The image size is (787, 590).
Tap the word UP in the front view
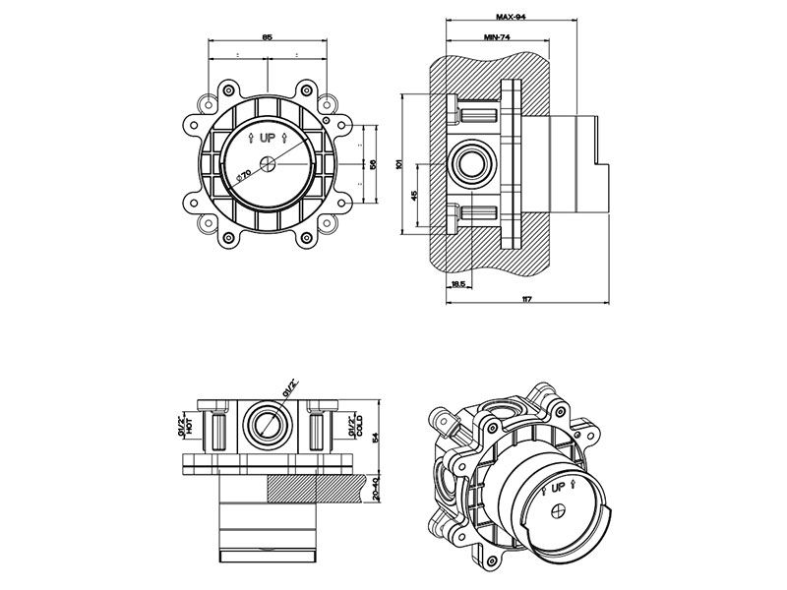tap(268, 140)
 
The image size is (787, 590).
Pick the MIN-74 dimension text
tap(497, 36)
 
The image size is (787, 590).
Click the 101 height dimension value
tap(398, 165)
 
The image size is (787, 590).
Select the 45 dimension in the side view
tap(414, 196)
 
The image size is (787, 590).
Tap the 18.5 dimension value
tap(457, 283)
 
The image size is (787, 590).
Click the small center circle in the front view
tap(268, 164)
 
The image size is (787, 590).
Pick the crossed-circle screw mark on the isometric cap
tap(558, 511)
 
